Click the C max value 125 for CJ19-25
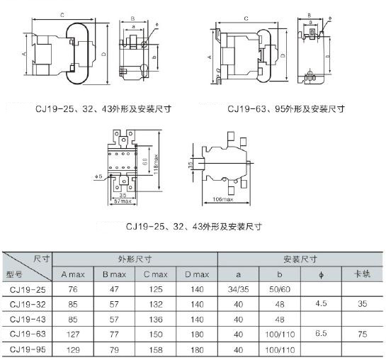(156, 289)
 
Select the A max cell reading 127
(73, 334)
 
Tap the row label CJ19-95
(28, 349)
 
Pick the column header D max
(197, 274)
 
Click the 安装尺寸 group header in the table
(300, 259)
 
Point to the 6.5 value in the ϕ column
(321, 333)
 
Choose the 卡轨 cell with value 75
(363, 334)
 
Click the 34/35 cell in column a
(238, 289)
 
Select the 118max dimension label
(156, 164)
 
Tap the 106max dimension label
(223, 199)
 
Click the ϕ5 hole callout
(98, 176)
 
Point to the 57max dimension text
(123, 201)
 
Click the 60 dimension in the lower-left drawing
(145, 162)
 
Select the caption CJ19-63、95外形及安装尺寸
(286, 108)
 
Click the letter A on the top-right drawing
(210, 57)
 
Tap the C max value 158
(156, 349)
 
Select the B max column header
(114, 274)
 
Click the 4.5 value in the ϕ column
(321, 303)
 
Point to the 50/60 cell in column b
(280, 289)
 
